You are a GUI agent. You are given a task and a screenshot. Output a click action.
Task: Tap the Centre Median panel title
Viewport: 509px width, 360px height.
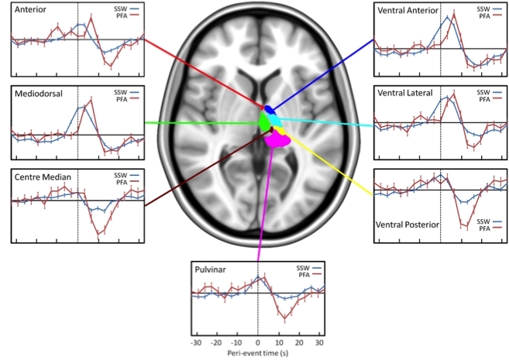pos(43,177)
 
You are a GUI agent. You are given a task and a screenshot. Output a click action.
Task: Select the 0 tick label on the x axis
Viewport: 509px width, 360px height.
pos(258,341)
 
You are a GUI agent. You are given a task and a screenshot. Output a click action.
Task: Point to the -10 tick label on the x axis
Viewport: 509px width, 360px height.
pos(237,341)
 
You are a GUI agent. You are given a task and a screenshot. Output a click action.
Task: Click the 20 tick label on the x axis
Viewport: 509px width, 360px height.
pos(298,341)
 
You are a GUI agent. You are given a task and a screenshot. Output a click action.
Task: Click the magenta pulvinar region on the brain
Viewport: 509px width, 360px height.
pos(277,140)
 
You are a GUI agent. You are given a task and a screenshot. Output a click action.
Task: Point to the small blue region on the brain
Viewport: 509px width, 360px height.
pos(269,109)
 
